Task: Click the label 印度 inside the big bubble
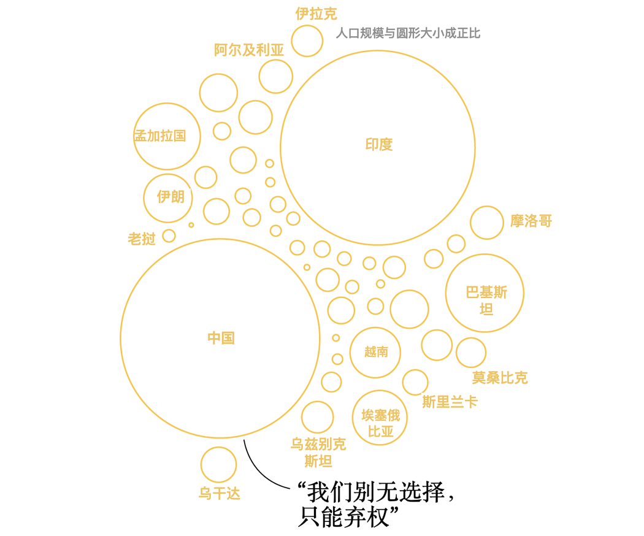(x=378, y=145)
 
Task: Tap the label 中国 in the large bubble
(x=221, y=338)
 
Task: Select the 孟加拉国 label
(x=160, y=136)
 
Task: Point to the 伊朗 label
(x=171, y=197)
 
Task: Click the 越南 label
(x=376, y=352)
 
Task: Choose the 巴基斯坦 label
(x=486, y=301)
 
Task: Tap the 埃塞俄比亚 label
(x=381, y=423)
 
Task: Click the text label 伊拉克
(x=316, y=13)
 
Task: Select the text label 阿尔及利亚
(x=249, y=50)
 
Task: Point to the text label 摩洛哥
(x=531, y=221)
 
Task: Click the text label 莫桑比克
(x=500, y=377)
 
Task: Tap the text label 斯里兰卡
(x=450, y=402)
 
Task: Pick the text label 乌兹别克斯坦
(x=318, y=453)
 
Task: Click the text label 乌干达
(x=220, y=493)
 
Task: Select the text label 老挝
(x=142, y=239)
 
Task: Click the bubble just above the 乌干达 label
(x=218, y=464)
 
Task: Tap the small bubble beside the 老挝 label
(x=169, y=235)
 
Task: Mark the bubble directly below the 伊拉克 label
(x=307, y=40)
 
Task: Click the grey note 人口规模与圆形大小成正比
(x=408, y=33)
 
